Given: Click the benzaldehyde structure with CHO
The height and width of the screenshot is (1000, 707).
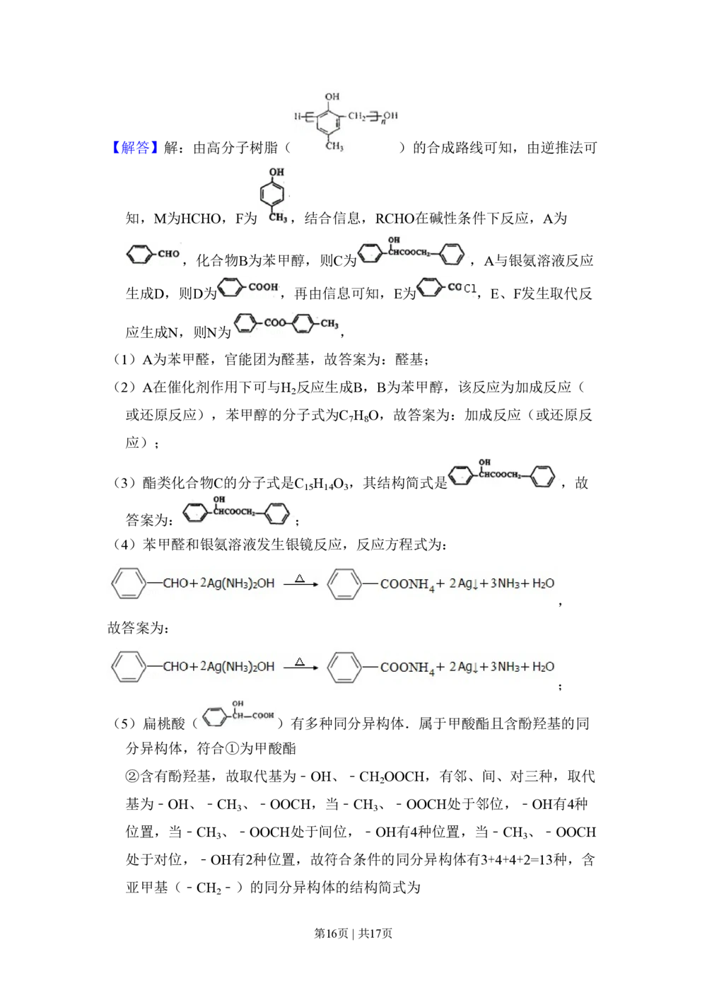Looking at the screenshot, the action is pos(153,255).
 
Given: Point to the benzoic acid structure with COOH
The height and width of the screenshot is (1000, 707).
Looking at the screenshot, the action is pos(247,287).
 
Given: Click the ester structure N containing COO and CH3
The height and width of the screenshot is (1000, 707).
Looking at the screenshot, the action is pos(286,322).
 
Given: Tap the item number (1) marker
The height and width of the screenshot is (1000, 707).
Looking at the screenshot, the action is pos(124,359).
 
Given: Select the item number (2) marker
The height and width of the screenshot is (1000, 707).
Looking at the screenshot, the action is pos(124,387).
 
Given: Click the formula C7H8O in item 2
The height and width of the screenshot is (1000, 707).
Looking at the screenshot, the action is pos(359,416).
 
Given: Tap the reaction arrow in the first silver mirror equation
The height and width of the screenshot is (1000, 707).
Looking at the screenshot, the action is pos(301,584).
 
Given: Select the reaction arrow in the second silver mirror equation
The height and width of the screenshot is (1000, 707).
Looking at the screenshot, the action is pos(301,668).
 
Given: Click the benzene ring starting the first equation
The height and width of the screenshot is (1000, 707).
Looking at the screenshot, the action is pos(129,583).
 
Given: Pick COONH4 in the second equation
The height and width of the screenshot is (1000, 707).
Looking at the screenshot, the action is pos(407,668).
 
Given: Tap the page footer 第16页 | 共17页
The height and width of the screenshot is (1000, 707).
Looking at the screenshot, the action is pos(353,934).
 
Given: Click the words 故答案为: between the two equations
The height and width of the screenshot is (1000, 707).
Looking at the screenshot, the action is pos(139,628).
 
